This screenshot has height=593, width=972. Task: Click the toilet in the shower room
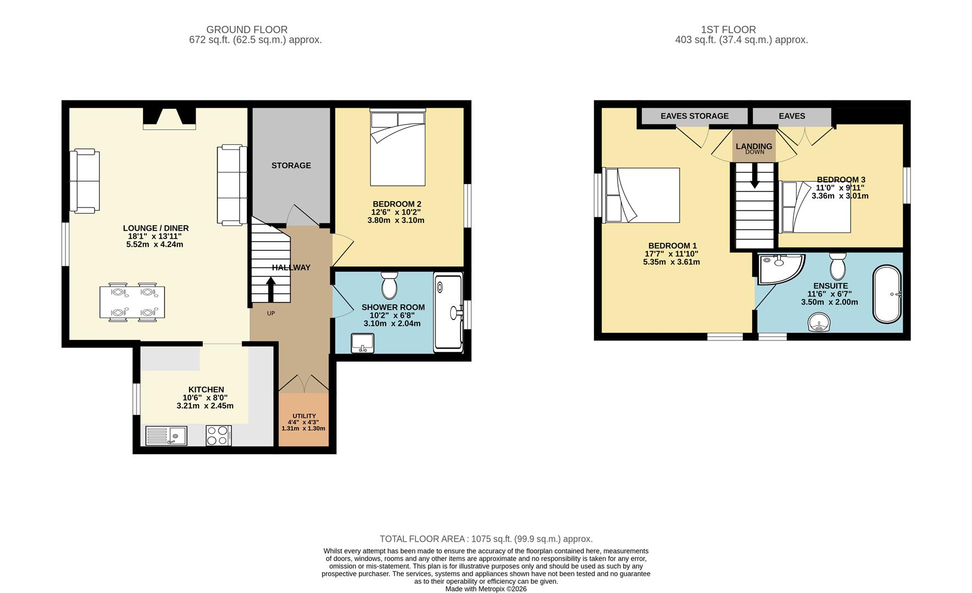coord(389,284)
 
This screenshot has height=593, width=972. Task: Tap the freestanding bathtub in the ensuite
coord(887,294)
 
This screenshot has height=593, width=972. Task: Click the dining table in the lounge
coord(132,302)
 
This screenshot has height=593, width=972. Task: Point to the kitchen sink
coord(166,436)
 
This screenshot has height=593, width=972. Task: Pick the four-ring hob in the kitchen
coord(219,436)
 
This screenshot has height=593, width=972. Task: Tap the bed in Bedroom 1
coord(641,195)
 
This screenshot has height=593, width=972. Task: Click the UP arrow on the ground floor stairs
coord(271,289)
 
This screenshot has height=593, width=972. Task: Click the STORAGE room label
coord(291,165)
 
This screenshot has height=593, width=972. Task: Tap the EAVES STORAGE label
coord(695,116)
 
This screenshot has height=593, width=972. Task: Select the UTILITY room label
coord(304,416)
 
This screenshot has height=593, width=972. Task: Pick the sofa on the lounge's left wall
coord(85,181)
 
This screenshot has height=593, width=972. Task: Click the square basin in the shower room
coord(362,344)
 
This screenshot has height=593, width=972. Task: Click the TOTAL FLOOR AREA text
coord(486,539)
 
